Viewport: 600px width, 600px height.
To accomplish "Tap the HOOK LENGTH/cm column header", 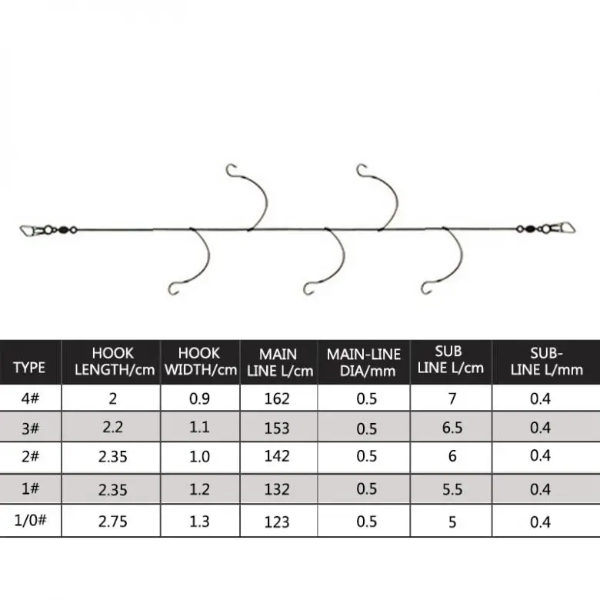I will [112, 362].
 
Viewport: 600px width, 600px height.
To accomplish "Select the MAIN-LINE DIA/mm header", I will [364, 362].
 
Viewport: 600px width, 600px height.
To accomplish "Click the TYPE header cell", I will [29, 367].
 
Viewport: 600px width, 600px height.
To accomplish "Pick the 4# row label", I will [29, 398].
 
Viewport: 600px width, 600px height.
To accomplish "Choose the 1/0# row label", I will [29, 522].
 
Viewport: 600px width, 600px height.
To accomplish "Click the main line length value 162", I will [277, 398].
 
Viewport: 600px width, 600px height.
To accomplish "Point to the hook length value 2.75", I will [112, 522].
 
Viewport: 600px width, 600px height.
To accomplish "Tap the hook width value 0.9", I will [200, 398].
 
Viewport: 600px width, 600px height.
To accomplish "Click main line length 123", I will [277, 522].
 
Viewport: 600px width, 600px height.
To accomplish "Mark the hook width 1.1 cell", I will [200, 428].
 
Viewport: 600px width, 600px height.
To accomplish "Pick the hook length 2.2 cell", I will [112, 428].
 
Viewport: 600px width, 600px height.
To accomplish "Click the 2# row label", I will [29, 456].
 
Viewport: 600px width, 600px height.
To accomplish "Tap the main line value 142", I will [277, 456].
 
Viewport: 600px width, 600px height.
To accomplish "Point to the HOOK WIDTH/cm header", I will [200, 362].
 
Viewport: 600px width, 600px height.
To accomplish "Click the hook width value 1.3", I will [200, 522].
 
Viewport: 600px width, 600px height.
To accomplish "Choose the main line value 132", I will [277, 489].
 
